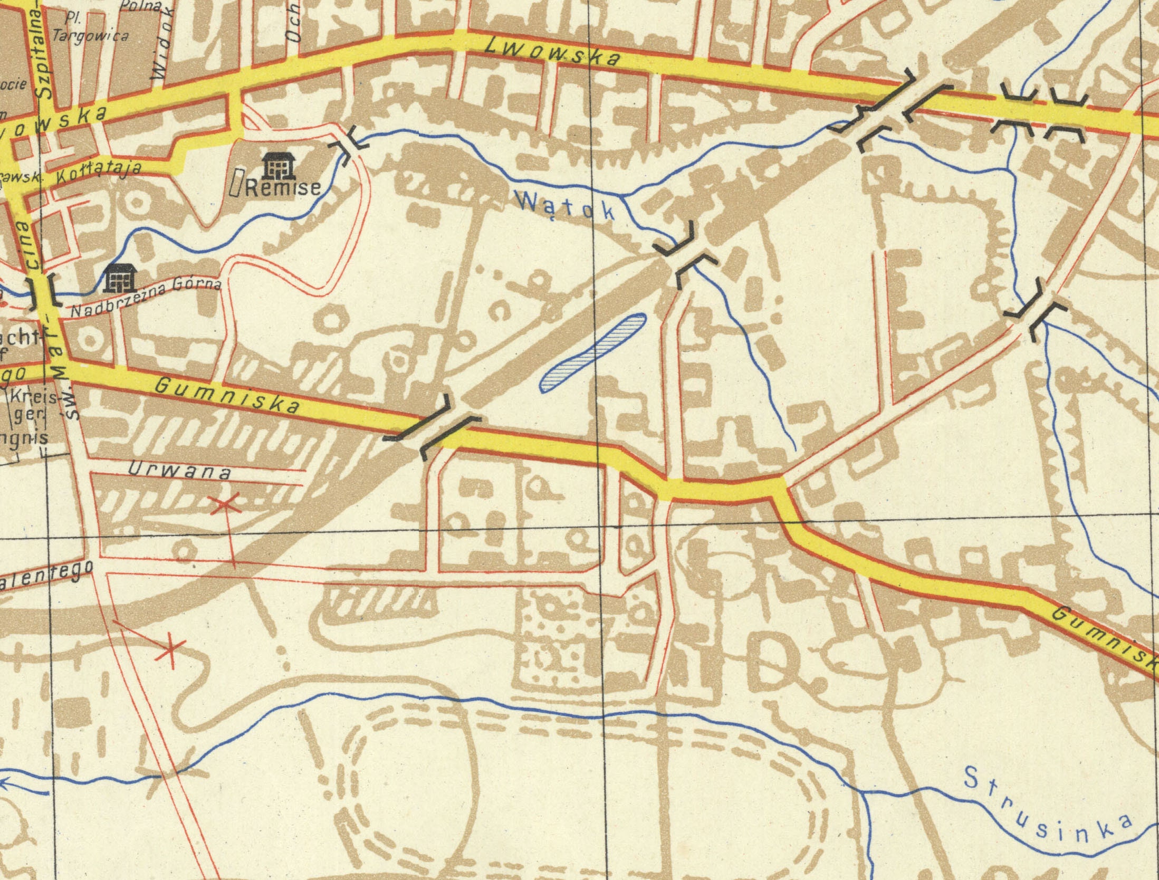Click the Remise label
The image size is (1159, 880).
[x=283, y=188]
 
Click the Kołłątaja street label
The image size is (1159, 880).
[x=98, y=171]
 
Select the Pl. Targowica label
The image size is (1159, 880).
[x=90, y=29]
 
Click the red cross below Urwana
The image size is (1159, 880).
[x=225, y=505]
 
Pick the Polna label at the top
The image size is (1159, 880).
[x=141, y=6]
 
